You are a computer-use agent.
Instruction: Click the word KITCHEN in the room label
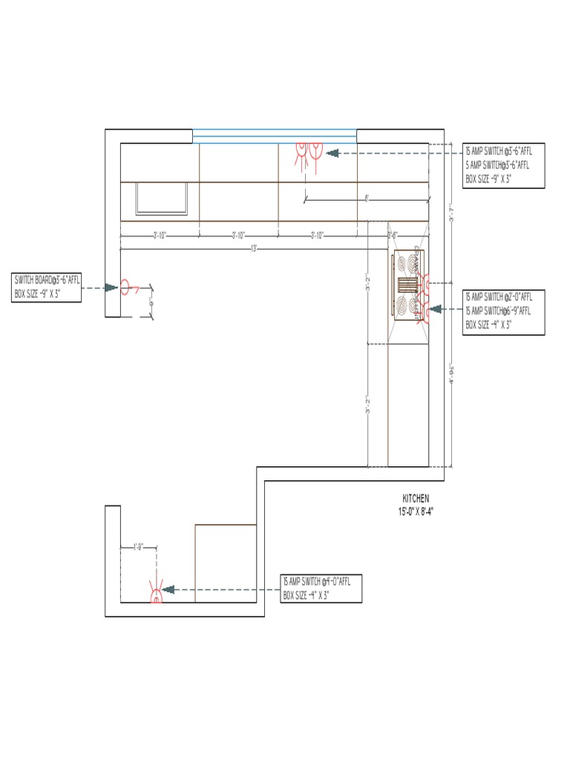(x=416, y=499)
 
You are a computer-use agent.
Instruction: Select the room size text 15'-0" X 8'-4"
(x=416, y=511)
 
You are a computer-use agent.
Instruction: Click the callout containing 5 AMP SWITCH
(x=503, y=165)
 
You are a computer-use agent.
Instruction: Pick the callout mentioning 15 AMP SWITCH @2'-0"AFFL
(x=503, y=311)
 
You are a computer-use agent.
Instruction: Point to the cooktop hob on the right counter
(x=407, y=285)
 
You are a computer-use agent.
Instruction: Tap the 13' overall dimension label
(x=253, y=248)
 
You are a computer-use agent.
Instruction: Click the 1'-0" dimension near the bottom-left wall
(x=139, y=548)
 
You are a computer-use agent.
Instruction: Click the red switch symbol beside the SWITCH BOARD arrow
(x=126, y=287)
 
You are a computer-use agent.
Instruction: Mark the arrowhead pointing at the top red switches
(x=332, y=153)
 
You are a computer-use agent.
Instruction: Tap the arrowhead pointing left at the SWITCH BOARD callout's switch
(x=111, y=288)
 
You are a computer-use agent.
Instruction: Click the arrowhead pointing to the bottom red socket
(x=168, y=589)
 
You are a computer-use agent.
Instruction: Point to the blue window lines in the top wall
(x=275, y=136)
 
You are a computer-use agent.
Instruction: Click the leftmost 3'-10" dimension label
(x=160, y=236)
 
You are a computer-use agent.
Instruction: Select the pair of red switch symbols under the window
(x=307, y=153)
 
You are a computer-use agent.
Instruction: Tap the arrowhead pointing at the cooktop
(x=436, y=309)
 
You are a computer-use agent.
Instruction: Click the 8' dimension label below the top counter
(x=367, y=198)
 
